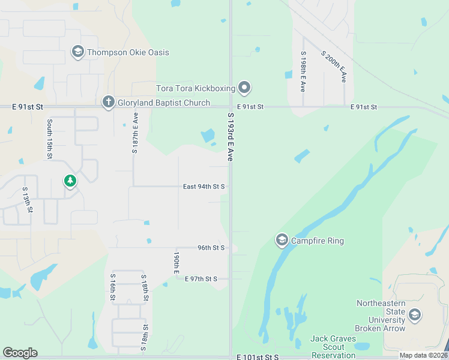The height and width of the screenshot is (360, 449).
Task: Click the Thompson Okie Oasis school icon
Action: (x=77, y=52)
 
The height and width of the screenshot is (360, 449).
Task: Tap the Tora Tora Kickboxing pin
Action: (x=244, y=88)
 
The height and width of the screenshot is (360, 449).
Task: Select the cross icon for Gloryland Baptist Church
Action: (x=108, y=103)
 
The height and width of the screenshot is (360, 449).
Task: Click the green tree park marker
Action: (x=70, y=180)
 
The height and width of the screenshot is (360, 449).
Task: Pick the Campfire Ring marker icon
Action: (x=282, y=241)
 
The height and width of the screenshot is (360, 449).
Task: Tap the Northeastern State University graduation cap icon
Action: (x=414, y=315)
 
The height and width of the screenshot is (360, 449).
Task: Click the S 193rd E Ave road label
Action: (x=230, y=136)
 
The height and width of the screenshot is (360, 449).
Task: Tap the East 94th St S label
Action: (x=203, y=187)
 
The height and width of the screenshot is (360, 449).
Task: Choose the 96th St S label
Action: (x=211, y=247)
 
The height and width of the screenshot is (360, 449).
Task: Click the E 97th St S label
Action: (x=200, y=279)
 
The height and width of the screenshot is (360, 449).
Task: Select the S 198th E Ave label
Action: (x=303, y=71)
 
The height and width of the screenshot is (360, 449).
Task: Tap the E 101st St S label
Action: (x=258, y=357)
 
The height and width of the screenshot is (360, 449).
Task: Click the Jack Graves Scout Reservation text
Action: (x=337, y=347)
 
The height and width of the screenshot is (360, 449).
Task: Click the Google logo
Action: (x=20, y=352)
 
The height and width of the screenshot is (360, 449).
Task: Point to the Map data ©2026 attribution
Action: (x=423, y=355)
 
